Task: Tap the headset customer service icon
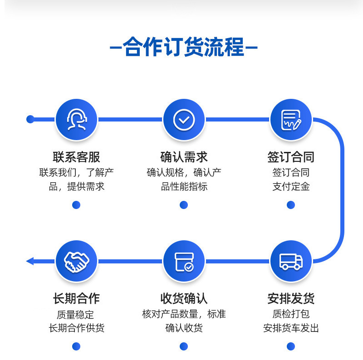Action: point(76,120)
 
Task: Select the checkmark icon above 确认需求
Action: point(184,120)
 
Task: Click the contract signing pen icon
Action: point(291,120)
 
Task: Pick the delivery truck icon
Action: point(291,261)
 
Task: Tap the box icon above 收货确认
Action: point(184,262)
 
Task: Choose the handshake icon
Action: point(76,261)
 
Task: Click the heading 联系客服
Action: point(76,157)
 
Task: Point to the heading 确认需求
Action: point(184,157)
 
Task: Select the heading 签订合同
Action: point(291,157)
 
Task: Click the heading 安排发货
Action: point(291,299)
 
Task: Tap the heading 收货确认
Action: point(184,299)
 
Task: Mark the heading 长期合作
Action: point(76,299)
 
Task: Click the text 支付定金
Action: point(291,187)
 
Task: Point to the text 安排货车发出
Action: point(291,328)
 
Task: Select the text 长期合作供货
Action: point(76,328)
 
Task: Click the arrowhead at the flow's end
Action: point(30,261)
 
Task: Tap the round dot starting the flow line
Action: point(30,119)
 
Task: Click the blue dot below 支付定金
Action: point(291,205)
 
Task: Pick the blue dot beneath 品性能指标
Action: point(184,205)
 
